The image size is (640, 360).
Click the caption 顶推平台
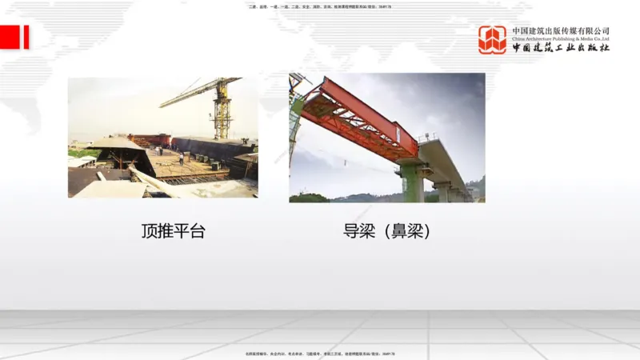(x=173, y=232)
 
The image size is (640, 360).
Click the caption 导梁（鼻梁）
(x=387, y=232)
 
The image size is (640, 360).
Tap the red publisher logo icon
(x=492, y=40)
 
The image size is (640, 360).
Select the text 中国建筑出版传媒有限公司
(x=561, y=30)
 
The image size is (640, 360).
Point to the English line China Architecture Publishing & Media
(x=561, y=38)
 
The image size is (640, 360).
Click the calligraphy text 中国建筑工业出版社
(x=561, y=48)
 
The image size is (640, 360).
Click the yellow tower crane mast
(x=222, y=112)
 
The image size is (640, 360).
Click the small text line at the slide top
(x=320, y=7)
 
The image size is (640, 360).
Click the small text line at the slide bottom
(x=320, y=353)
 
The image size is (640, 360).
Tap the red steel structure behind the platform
(x=148, y=140)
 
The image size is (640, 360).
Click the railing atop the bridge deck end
(x=428, y=137)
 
